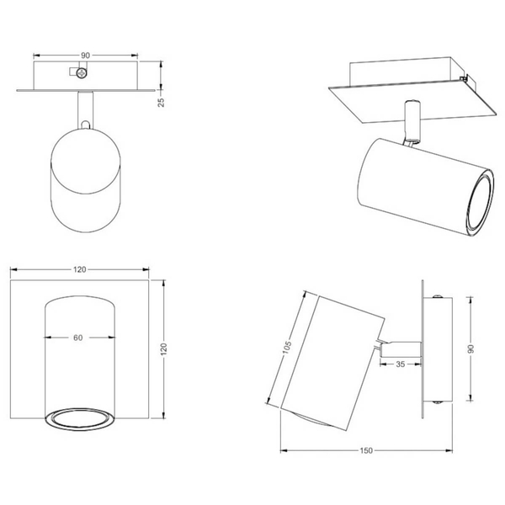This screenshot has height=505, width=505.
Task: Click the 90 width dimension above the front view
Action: pyautogui.click(x=85, y=56)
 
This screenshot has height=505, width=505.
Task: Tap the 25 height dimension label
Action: pyautogui.click(x=161, y=102)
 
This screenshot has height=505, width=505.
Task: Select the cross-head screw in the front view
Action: pyautogui.click(x=82, y=73)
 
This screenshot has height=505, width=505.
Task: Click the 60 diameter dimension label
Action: pyautogui.click(x=78, y=338)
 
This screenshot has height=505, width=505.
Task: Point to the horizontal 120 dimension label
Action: pyautogui.click(x=80, y=269)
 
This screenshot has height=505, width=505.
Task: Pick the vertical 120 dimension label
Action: pyautogui.click(x=164, y=349)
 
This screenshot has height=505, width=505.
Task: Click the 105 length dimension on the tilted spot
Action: pyautogui.click(x=287, y=347)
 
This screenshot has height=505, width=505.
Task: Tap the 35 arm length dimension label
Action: pyautogui.click(x=401, y=364)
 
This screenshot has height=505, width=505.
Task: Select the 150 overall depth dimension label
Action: pyautogui.click(x=366, y=450)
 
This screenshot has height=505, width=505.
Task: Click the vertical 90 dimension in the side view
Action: pyautogui.click(x=470, y=348)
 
